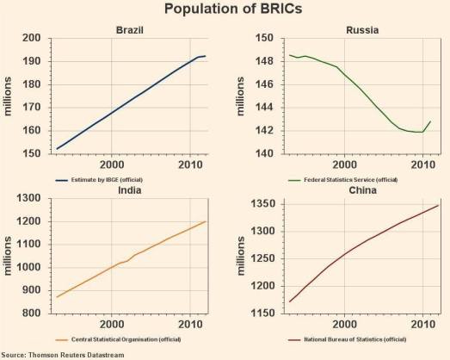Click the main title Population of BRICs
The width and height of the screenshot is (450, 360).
(x=225, y=9)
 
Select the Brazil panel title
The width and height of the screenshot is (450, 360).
(x=129, y=30)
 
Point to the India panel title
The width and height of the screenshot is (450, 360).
(x=129, y=191)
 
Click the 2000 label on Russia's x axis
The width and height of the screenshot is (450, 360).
(x=344, y=164)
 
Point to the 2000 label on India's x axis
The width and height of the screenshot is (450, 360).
(x=111, y=325)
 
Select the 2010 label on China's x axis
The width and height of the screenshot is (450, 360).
(x=422, y=325)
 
